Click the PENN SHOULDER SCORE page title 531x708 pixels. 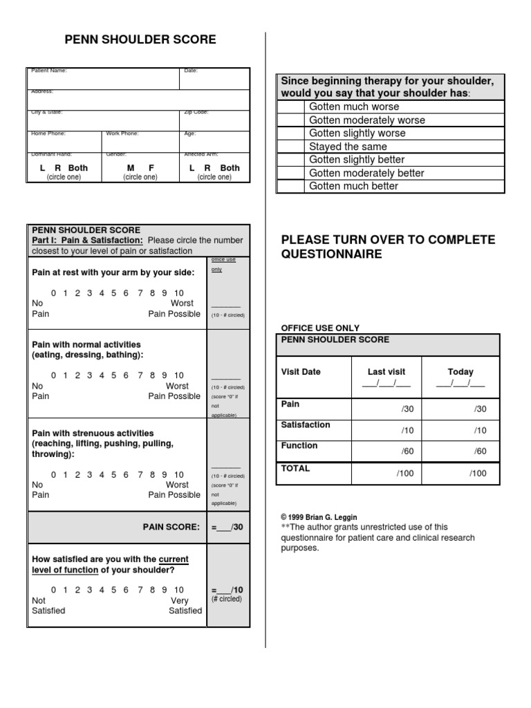[x=140, y=40]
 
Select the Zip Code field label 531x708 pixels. [x=196, y=112]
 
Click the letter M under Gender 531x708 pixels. [x=131, y=168]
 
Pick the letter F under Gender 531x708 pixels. [x=151, y=168]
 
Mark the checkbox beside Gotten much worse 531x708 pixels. [x=290, y=107]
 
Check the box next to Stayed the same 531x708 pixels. [x=290, y=147]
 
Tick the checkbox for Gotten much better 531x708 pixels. [x=290, y=186]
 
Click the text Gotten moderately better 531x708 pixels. [x=366, y=173]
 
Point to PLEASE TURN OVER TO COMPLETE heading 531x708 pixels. [x=388, y=241]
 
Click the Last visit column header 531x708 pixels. [x=386, y=372]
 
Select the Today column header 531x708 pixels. [x=460, y=372]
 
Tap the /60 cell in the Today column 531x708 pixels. [x=480, y=451]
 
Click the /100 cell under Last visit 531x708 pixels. [x=404, y=474]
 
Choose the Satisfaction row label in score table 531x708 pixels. [x=305, y=425]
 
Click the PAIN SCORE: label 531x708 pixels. [x=171, y=527]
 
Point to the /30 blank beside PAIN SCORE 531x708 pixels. [x=227, y=528]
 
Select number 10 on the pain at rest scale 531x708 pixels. [x=179, y=293]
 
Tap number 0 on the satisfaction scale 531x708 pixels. [x=53, y=590]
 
